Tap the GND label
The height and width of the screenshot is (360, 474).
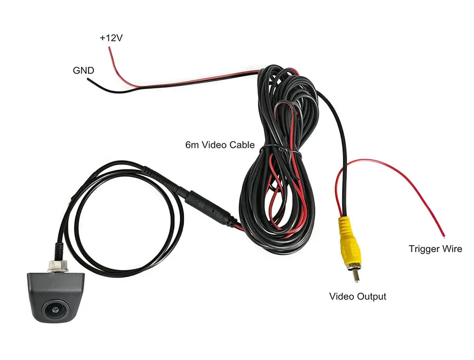point(83,70)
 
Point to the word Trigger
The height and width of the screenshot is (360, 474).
point(424,248)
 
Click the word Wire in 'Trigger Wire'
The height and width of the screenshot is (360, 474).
point(451,248)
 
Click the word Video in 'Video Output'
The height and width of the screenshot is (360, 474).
point(342,296)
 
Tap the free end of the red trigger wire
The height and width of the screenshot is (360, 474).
point(443,235)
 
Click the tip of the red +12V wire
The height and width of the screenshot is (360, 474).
point(109,48)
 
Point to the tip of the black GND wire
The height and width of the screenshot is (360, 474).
point(88,80)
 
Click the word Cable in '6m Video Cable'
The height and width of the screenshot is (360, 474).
point(242,145)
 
